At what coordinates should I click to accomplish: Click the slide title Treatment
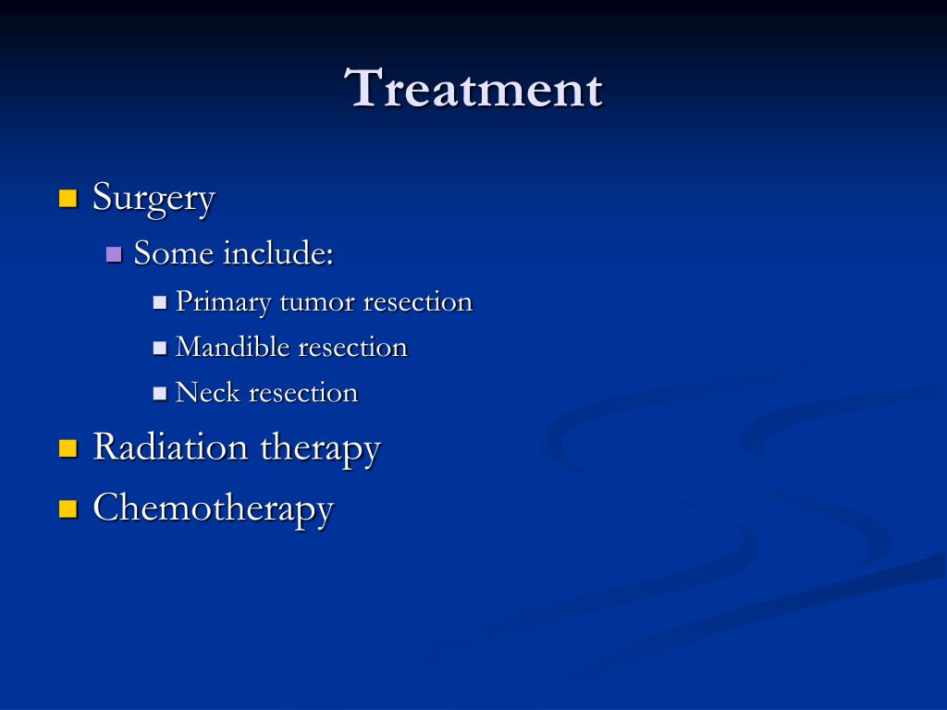point(473,88)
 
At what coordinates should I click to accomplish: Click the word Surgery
point(154,199)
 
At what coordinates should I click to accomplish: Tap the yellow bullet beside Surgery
point(68,198)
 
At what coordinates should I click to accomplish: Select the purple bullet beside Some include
point(114,254)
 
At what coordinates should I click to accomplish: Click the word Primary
point(223,302)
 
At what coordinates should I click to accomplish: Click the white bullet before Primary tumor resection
point(159,302)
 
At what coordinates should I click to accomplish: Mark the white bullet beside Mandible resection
point(159,348)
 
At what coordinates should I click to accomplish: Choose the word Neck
point(208,392)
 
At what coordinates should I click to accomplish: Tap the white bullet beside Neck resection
point(159,394)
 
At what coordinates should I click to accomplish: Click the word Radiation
point(170,447)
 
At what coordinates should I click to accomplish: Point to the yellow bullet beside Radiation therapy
point(68,448)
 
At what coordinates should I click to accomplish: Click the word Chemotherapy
point(214,508)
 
